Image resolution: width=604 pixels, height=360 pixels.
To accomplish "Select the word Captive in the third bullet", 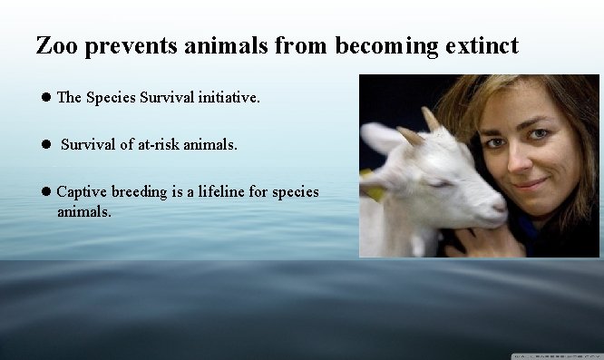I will pyautogui.click(x=81, y=192).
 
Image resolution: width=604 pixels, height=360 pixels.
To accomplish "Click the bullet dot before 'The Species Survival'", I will pyautogui.click(x=44, y=97).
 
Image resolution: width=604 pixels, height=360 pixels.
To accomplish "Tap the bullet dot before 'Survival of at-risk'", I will pyautogui.click(x=44, y=144).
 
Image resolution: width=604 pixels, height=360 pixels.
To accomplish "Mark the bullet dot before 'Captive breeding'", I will pyautogui.click(x=44, y=192).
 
